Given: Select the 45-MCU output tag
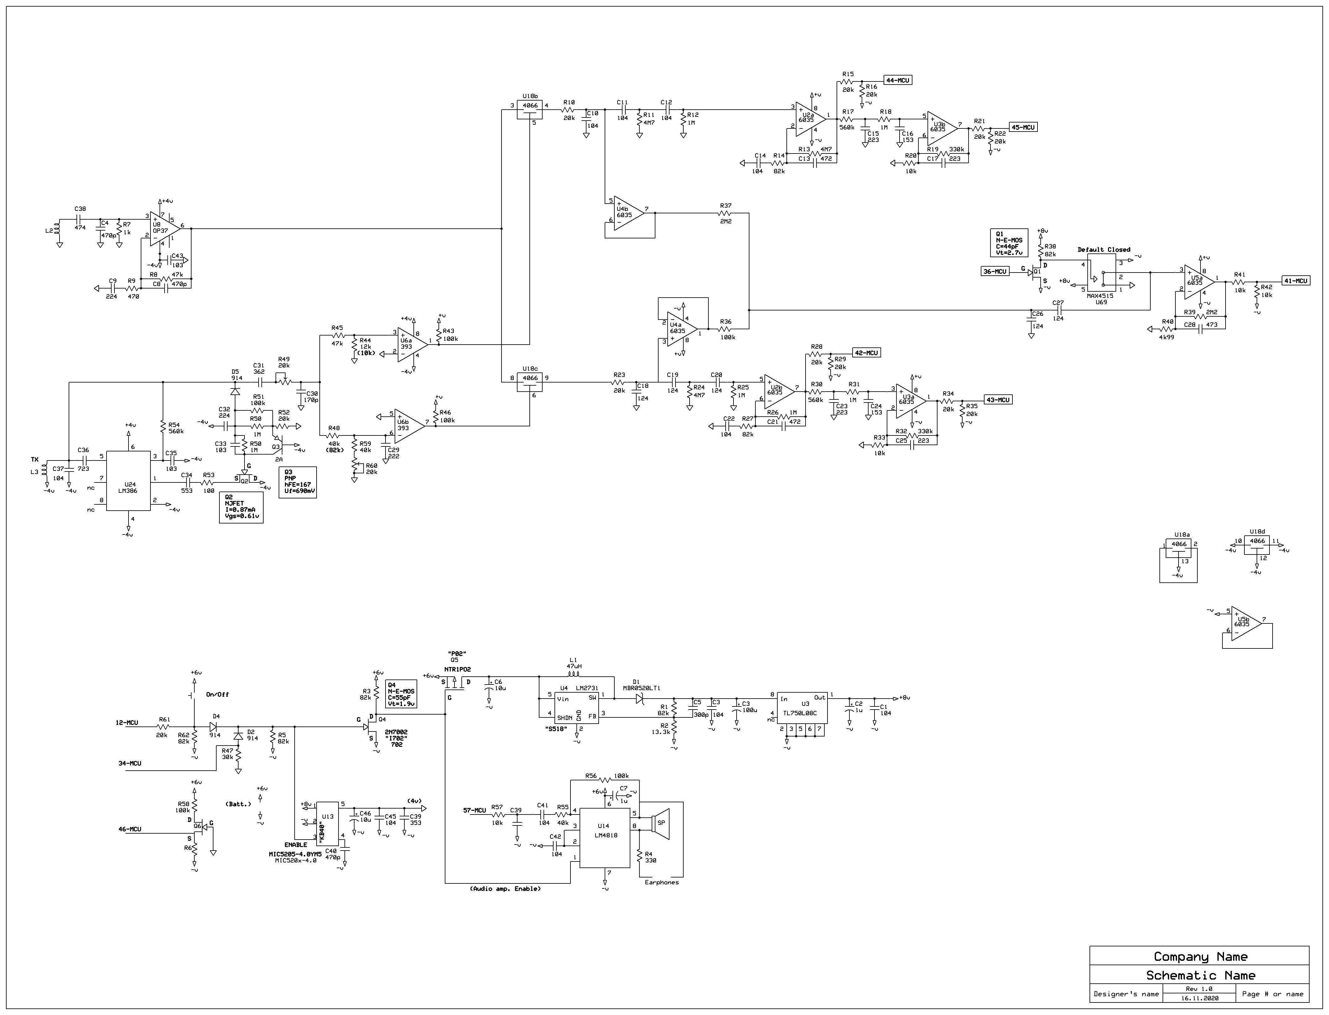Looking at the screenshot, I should (1023, 128).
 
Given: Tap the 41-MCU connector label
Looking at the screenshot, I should (1296, 281).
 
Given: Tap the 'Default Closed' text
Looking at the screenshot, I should (1104, 249).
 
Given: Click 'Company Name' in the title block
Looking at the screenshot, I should (1200, 956).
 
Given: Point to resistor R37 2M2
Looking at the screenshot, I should (725, 213).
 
